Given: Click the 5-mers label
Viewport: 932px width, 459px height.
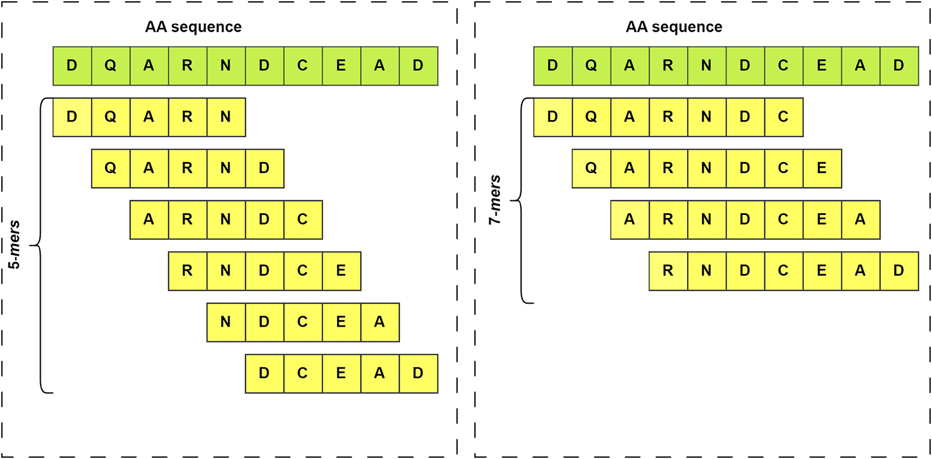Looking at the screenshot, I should (x=15, y=245).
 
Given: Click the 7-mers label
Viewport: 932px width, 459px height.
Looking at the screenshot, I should (x=495, y=200).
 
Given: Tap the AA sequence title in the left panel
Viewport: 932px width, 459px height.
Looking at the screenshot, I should (x=193, y=27).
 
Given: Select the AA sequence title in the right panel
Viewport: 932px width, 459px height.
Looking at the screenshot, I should (x=674, y=27).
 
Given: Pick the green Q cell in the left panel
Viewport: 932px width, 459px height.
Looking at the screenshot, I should (x=111, y=66).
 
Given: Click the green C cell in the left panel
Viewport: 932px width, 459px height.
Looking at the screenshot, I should (x=302, y=66).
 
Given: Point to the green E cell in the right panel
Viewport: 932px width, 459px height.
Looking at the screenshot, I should (x=821, y=66).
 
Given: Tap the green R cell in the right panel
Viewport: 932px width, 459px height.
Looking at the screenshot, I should (x=668, y=66).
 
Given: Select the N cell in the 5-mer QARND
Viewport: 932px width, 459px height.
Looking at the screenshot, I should (x=226, y=168).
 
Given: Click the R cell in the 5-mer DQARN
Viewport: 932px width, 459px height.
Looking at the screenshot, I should (x=187, y=117).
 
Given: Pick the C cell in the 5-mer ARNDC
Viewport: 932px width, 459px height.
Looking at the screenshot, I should (x=302, y=219).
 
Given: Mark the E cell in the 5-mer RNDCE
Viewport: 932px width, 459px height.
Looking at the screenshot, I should (x=341, y=271).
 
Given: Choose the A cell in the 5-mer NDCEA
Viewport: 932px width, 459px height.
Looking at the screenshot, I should (x=379, y=322).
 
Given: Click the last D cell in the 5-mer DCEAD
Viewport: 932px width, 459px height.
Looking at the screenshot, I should (x=418, y=373).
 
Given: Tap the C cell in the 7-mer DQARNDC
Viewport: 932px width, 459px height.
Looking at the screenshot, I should (x=783, y=117).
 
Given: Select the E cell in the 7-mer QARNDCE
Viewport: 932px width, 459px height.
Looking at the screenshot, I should (x=821, y=168).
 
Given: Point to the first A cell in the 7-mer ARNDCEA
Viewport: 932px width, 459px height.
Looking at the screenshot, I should (x=630, y=219).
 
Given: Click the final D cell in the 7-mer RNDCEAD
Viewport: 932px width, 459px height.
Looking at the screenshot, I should (x=899, y=271).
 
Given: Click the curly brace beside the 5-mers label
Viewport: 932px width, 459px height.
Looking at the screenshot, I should (x=40, y=245).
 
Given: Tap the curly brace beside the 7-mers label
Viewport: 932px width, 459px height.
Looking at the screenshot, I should (x=521, y=200).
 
